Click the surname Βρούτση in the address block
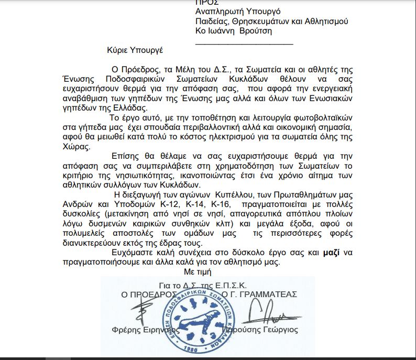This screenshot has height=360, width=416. [x=257, y=31]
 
